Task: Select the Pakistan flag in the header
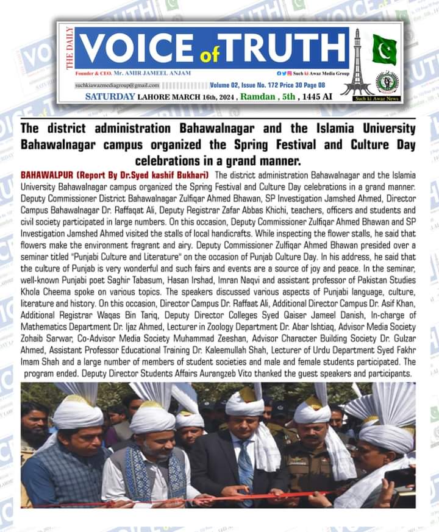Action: (x=384, y=49)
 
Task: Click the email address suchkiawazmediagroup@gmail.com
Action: (x=117, y=85)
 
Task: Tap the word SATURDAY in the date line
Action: (x=110, y=96)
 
